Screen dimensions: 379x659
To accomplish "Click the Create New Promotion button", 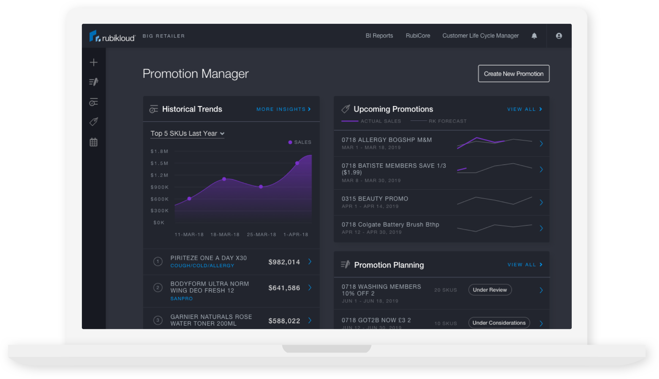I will (513, 74).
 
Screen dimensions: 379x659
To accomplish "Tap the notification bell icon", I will (534, 36).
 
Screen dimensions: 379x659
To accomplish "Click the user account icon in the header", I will (559, 36).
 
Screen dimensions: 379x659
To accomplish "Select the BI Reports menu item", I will (379, 36).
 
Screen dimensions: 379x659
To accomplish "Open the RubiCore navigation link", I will (418, 36).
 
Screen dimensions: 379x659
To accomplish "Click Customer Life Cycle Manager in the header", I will (480, 36).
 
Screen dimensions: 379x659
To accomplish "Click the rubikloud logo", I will (112, 36).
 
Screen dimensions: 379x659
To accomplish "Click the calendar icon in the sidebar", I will (94, 142).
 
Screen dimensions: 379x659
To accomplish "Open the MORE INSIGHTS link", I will (284, 109).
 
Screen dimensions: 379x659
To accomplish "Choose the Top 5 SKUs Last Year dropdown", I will (187, 133).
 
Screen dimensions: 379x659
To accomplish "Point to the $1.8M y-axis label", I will (159, 152).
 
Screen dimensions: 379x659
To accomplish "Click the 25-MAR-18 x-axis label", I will (261, 235).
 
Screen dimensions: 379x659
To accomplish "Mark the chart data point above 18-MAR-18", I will (224, 179).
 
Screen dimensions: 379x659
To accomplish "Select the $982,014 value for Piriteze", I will (284, 262).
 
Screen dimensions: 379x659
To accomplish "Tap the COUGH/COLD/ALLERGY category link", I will (202, 266).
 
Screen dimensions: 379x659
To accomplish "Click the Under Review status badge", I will (490, 290).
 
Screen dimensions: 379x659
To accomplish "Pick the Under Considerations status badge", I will (499, 323).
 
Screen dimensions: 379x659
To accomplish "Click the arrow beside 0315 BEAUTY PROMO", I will (541, 202).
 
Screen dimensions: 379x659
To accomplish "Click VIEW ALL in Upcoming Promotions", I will (524, 109).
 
